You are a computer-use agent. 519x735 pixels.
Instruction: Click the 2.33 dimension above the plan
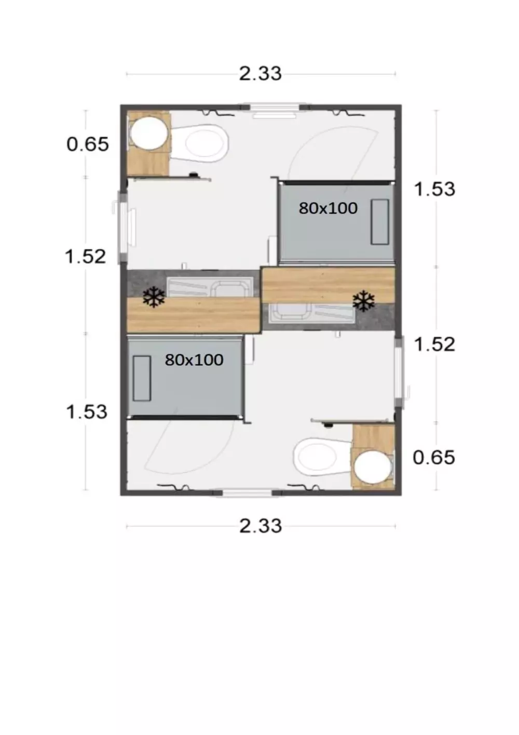(x=260, y=74)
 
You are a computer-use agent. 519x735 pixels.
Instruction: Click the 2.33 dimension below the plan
(x=260, y=526)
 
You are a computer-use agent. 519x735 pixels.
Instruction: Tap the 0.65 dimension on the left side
(x=88, y=144)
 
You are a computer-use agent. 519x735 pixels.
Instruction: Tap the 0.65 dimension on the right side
(x=433, y=458)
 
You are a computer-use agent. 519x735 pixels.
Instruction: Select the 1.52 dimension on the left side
(x=86, y=256)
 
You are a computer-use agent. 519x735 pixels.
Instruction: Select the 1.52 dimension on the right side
(x=434, y=344)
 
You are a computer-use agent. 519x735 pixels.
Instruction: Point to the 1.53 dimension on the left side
(x=86, y=412)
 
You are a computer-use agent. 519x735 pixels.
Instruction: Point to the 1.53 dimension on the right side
(x=434, y=189)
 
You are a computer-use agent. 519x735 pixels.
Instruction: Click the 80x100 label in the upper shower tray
(x=328, y=208)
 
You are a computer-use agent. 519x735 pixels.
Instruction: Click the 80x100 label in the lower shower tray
(x=194, y=359)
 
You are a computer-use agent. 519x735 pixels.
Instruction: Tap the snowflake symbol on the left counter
(x=154, y=298)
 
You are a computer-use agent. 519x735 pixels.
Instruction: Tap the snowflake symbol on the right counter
(x=363, y=302)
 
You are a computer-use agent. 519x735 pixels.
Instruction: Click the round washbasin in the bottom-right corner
(x=373, y=466)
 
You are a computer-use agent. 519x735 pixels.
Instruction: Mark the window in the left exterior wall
(x=124, y=226)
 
